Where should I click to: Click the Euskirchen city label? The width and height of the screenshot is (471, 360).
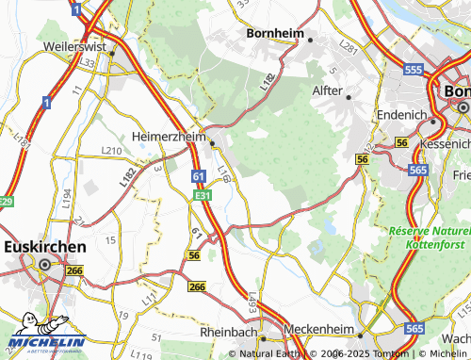point(45,246)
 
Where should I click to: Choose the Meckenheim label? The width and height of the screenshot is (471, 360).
point(317,333)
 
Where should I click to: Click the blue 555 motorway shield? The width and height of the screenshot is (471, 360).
point(411,70)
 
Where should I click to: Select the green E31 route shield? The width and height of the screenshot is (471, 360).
point(202,195)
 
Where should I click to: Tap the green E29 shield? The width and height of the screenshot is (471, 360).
point(7,202)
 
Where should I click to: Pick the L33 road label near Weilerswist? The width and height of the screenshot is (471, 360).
point(89,62)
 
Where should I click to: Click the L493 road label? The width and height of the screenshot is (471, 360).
point(252,303)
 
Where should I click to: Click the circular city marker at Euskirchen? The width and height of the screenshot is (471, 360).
point(43,267)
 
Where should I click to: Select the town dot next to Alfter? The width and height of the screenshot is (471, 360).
point(348,96)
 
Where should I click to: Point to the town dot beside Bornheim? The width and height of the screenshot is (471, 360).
point(310,39)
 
